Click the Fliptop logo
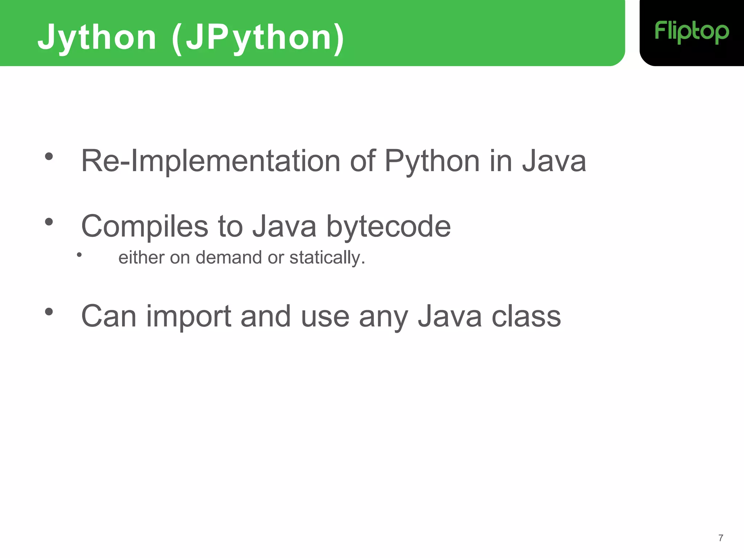[x=692, y=32]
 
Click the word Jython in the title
[x=97, y=37]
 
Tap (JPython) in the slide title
[x=258, y=37]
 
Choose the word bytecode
[x=388, y=226]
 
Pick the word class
[x=526, y=316]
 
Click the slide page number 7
[x=721, y=538]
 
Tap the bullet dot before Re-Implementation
[x=49, y=157]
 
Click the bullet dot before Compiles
[x=49, y=222]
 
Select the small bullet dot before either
[x=79, y=255]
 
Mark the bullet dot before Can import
[x=49, y=312]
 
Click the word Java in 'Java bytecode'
[x=284, y=226]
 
